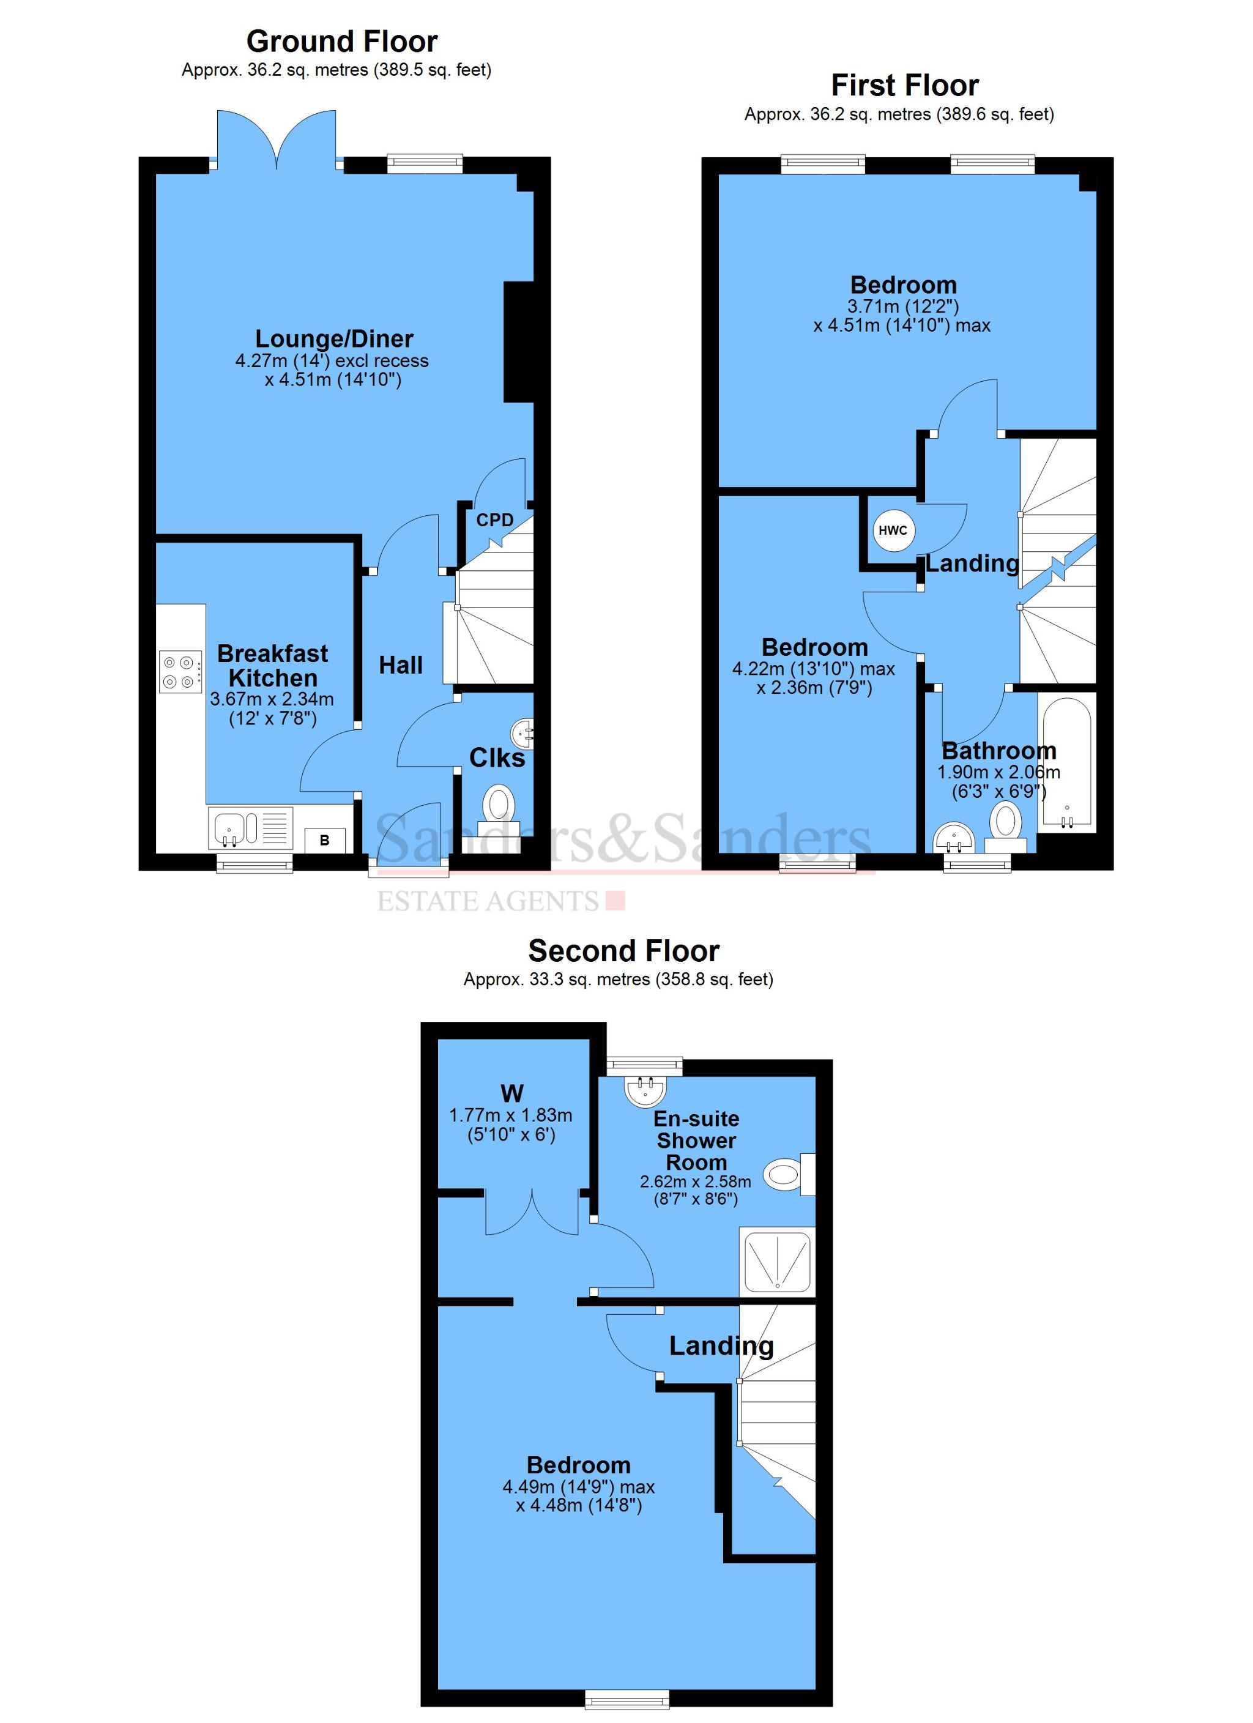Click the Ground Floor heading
(x=341, y=41)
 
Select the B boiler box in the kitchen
(x=324, y=840)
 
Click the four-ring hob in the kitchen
(x=180, y=672)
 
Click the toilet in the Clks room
(x=499, y=809)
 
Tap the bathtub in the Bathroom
(x=1067, y=762)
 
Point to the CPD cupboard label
(x=495, y=521)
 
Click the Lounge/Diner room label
(x=334, y=339)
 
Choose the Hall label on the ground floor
(x=401, y=666)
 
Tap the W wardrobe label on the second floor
(x=511, y=1093)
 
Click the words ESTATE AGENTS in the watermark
(x=489, y=901)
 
